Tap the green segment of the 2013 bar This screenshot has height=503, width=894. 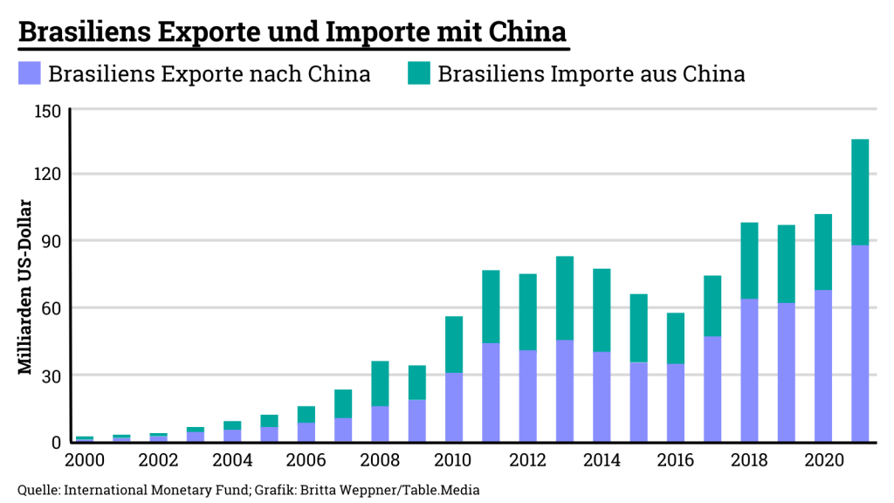click(x=565, y=298)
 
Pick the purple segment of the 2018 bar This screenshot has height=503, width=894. click(x=749, y=370)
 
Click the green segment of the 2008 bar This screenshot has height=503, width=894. click(x=380, y=383)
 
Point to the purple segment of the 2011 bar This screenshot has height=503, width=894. click(x=491, y=392)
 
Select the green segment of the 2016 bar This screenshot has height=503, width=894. click(x=676, y=338)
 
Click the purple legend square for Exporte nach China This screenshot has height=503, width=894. click(x=29, y=74)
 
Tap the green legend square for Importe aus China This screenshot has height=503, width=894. click(x=417, y=74)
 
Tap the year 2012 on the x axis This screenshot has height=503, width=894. click(x=527, y=460)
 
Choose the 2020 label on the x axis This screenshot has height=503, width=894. click(x=822, y=460)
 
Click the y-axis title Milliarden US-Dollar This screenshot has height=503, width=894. click(x=25, y=288)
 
